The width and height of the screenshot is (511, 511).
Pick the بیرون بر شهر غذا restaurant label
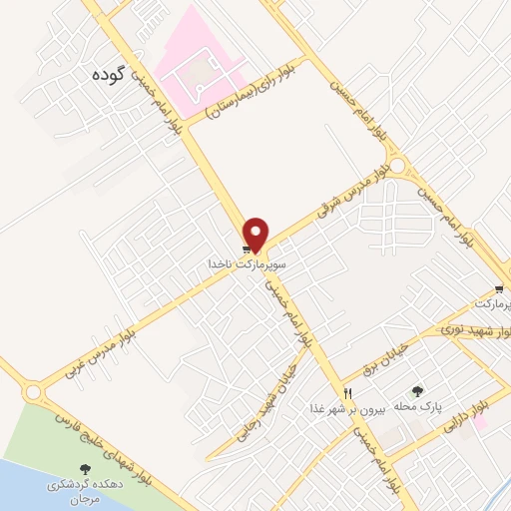(347, 409)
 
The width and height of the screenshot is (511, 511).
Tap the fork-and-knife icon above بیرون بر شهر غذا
(347, 393)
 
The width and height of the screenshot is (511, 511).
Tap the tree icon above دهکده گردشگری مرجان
(86, 468)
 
